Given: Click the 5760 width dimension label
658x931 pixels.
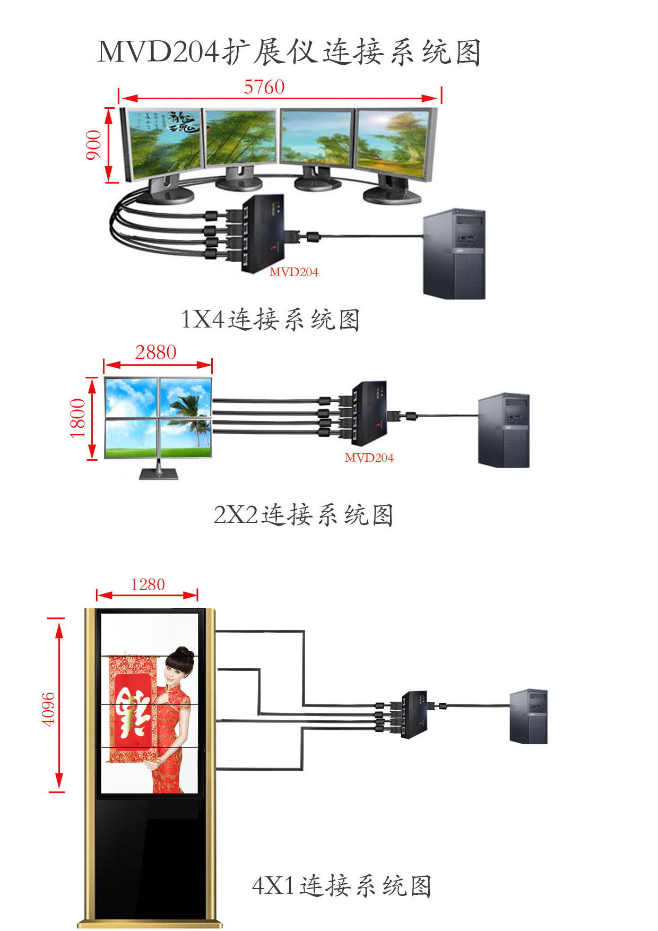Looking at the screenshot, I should point(264,87).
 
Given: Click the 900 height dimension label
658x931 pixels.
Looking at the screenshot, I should point(93,144).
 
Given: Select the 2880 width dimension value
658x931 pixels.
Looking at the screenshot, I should point(155,352).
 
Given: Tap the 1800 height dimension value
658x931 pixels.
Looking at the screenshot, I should point(78,418).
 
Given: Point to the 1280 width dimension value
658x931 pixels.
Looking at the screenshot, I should point(148,585).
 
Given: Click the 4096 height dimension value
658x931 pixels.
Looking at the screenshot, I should point(48,709).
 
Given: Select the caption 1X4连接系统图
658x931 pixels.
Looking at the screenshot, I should point(270,320).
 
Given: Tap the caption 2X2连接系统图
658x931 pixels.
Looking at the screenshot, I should point(303,515).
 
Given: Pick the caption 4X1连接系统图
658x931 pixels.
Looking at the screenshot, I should point(341,886).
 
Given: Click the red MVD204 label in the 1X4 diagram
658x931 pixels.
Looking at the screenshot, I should point(293,272).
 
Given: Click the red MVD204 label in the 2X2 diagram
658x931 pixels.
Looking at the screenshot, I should point(369,458).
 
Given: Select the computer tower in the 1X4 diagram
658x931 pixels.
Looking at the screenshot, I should point(455,254).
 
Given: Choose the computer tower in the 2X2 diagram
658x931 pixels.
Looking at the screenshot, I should point(504,430).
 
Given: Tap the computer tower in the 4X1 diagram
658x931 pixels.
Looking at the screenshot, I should point(528,716).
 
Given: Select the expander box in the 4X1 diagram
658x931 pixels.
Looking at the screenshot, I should point(414,714).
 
